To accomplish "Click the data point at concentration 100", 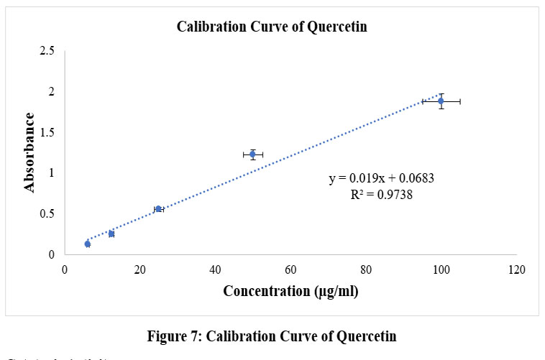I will [x=441, y=101].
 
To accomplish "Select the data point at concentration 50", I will [x=252, y=154].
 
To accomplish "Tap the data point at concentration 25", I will [x=158, y=209].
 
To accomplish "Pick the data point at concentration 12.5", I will [x=111, y=234].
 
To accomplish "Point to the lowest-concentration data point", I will [x=88, y=244].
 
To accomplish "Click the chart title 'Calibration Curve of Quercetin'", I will [x=272, y=27].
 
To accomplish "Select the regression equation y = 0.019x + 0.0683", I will [x=381, y=178].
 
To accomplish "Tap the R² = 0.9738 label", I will [x=381, y=193].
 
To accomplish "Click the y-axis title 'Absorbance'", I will [x=29, y=152].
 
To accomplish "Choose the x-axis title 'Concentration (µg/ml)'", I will [x=290, y=291].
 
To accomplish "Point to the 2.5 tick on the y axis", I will [x=47, y=51].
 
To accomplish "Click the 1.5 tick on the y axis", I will [x=47, y=132].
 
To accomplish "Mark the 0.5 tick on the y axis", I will [x=47, y=214].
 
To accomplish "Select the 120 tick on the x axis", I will [x=516, y=270].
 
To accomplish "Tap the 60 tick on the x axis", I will [x=290, y=270].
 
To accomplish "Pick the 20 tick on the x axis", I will [x=139, y=270].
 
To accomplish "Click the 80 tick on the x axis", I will [x=366, y=270].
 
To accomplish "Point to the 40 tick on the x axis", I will [x=215, y=270].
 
